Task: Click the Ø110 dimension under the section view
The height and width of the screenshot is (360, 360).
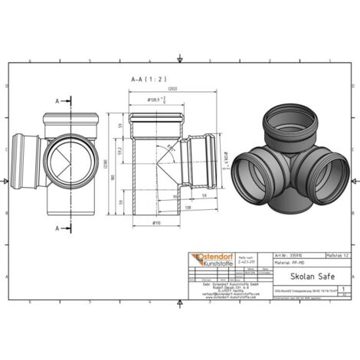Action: tap(156, 223)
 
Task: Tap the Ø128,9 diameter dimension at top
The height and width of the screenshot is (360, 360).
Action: tap(158, 100)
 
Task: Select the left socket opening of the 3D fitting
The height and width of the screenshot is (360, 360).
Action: tap(250, 166)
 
